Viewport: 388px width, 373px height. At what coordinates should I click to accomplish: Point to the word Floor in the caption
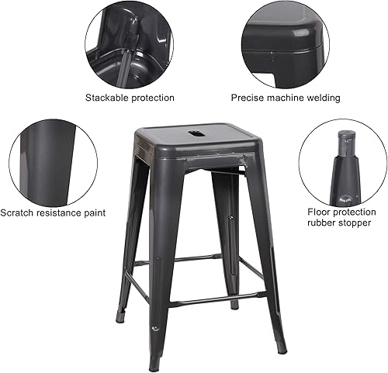(320, 212)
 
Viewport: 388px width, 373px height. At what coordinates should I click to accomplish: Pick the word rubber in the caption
(322, 224)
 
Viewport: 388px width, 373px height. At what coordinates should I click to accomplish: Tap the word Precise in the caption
(248, 98)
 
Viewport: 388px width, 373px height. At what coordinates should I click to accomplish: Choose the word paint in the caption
(92, 212)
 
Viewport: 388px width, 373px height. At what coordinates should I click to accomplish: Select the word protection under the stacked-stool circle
(151, 98)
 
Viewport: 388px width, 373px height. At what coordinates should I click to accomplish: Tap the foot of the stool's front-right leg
(279, 347)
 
